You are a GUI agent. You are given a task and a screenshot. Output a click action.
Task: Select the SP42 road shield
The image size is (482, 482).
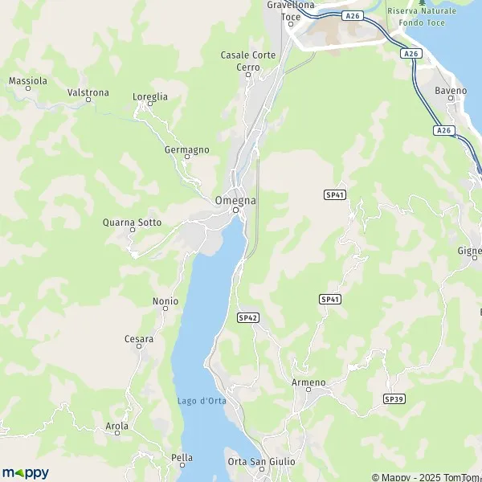tap(248, 318)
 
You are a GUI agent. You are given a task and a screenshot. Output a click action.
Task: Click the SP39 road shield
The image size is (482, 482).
tap(393, 398)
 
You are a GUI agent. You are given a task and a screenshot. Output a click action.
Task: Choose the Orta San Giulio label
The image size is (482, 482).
tap(261, 461)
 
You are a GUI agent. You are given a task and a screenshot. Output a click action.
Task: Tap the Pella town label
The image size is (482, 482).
tap(182, 458)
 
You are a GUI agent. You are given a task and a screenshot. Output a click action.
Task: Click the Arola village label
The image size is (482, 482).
tap(116, 426)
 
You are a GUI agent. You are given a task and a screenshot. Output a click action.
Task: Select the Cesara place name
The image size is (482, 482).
tap(138, 339)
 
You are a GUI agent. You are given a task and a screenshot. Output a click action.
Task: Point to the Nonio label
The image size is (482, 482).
tap(165, 301)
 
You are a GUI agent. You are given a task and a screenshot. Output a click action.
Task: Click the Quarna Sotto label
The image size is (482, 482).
tap(133, 223)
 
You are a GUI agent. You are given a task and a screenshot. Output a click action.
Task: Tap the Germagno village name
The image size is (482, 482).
tap(186, 149)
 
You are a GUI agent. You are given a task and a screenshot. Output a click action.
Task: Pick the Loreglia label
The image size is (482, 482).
tap(150, 96)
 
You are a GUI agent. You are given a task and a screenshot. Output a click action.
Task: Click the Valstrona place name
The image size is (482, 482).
tap(88, 92)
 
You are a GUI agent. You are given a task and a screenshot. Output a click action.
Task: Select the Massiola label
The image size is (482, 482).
tap(28, 81)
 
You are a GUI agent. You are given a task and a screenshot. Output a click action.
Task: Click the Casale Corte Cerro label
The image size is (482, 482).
tap(248, 61)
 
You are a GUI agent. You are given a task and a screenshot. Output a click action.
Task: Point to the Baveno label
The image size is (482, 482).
tap(451, 91)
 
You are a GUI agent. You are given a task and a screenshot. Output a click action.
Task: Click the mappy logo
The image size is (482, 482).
tap(25, 472)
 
